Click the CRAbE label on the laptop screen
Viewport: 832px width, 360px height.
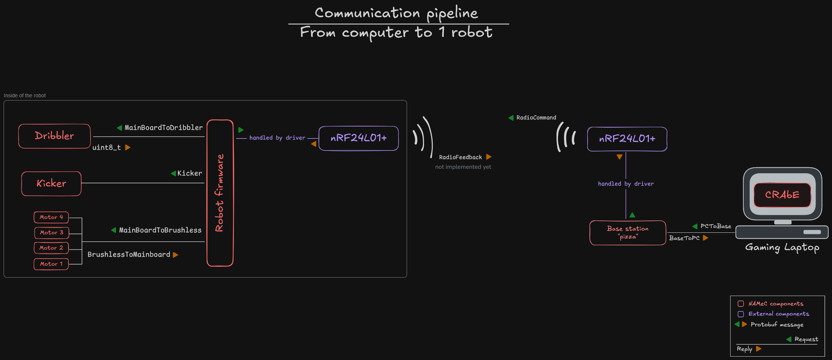point(782,195)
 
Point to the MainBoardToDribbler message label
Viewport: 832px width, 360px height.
point(164,128)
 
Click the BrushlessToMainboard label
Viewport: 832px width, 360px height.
point(129,254)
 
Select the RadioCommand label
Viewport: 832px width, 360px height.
point(536,118)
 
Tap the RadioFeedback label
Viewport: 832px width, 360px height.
point(460,157)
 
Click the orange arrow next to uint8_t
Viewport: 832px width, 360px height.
point(128,147)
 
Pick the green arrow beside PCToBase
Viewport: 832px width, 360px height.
point(695,226)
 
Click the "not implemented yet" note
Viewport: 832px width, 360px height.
point(463,167)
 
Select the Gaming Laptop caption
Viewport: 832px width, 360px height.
point(782,248)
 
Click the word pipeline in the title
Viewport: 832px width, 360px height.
point(452,13)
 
